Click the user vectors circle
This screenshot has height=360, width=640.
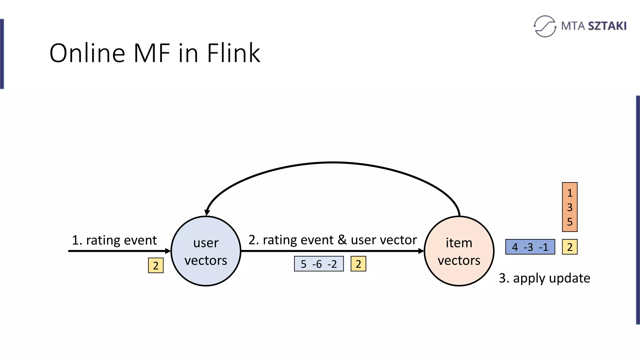(x=206, y=251)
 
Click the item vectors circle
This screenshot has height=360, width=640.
(x=459, y=251)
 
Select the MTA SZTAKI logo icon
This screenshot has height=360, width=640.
(x=545, y=26)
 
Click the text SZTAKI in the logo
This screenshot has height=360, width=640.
(x=607, y=26)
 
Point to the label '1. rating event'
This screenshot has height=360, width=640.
(x=114, y=240)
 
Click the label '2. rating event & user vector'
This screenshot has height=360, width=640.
(x=332, y=240)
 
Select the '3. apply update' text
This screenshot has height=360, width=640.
(x=544, y=278)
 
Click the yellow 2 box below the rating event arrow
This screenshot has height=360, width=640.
(x=156, y=265)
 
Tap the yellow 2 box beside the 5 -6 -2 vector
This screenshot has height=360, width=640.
(x=358, y=264)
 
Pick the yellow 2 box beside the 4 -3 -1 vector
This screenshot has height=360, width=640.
(x=569, y=247)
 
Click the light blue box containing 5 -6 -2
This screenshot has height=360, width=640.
(x=319, y=264)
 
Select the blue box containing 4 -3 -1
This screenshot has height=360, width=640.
(x=530, y=247)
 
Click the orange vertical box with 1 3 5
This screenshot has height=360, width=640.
(x=569, y=207)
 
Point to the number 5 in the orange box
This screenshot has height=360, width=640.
(x=569, y=222)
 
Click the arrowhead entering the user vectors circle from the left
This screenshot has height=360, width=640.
(x=168, y=251)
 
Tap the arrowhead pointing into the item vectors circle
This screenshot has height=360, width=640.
(x=421, y=251)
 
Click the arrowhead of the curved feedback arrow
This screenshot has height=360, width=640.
(x=207, y=212)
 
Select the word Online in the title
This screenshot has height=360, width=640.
(x=87, y=53)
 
